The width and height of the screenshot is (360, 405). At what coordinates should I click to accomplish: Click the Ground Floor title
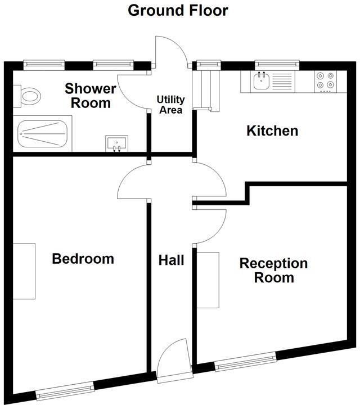(178, 10)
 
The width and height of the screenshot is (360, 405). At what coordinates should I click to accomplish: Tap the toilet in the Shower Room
(28, 96)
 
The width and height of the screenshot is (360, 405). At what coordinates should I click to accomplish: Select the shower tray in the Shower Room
(44, 134)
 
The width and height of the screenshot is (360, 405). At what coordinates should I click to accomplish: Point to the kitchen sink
(262, 82)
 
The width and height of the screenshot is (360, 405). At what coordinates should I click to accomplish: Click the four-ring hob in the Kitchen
(325, 80)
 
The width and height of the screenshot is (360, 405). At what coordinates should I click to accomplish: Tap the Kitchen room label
(272, 131)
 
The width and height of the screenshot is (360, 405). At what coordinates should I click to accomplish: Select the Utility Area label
(170, 105)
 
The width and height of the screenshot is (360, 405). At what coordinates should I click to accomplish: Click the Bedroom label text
(83, 259)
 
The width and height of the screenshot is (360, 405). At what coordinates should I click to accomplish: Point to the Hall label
(171, 260)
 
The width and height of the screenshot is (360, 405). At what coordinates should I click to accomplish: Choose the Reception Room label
(273, 271)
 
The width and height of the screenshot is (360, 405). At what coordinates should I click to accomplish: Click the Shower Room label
(90, 96)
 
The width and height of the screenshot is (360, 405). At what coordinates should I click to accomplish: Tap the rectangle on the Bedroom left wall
(24, 271)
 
